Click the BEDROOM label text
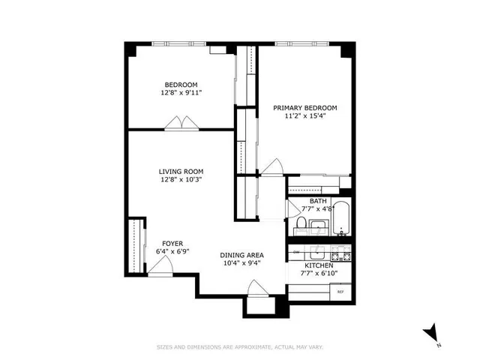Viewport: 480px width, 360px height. [181, 84]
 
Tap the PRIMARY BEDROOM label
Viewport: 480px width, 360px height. [304, 108]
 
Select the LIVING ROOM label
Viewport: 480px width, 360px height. [181, 170]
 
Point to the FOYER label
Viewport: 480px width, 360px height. [173, 243]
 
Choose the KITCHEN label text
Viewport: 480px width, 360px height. [319, 265]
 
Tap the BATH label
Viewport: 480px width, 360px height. [318, 201]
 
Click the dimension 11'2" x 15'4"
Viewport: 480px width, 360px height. [304, 116]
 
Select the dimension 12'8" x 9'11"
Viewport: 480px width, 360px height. [181, 92]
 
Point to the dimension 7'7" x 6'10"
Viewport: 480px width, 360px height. [319, 274]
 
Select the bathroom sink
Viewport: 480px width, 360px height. [317, 226]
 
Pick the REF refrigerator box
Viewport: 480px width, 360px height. [340, 291]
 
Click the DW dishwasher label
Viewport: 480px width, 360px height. [296, 251]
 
